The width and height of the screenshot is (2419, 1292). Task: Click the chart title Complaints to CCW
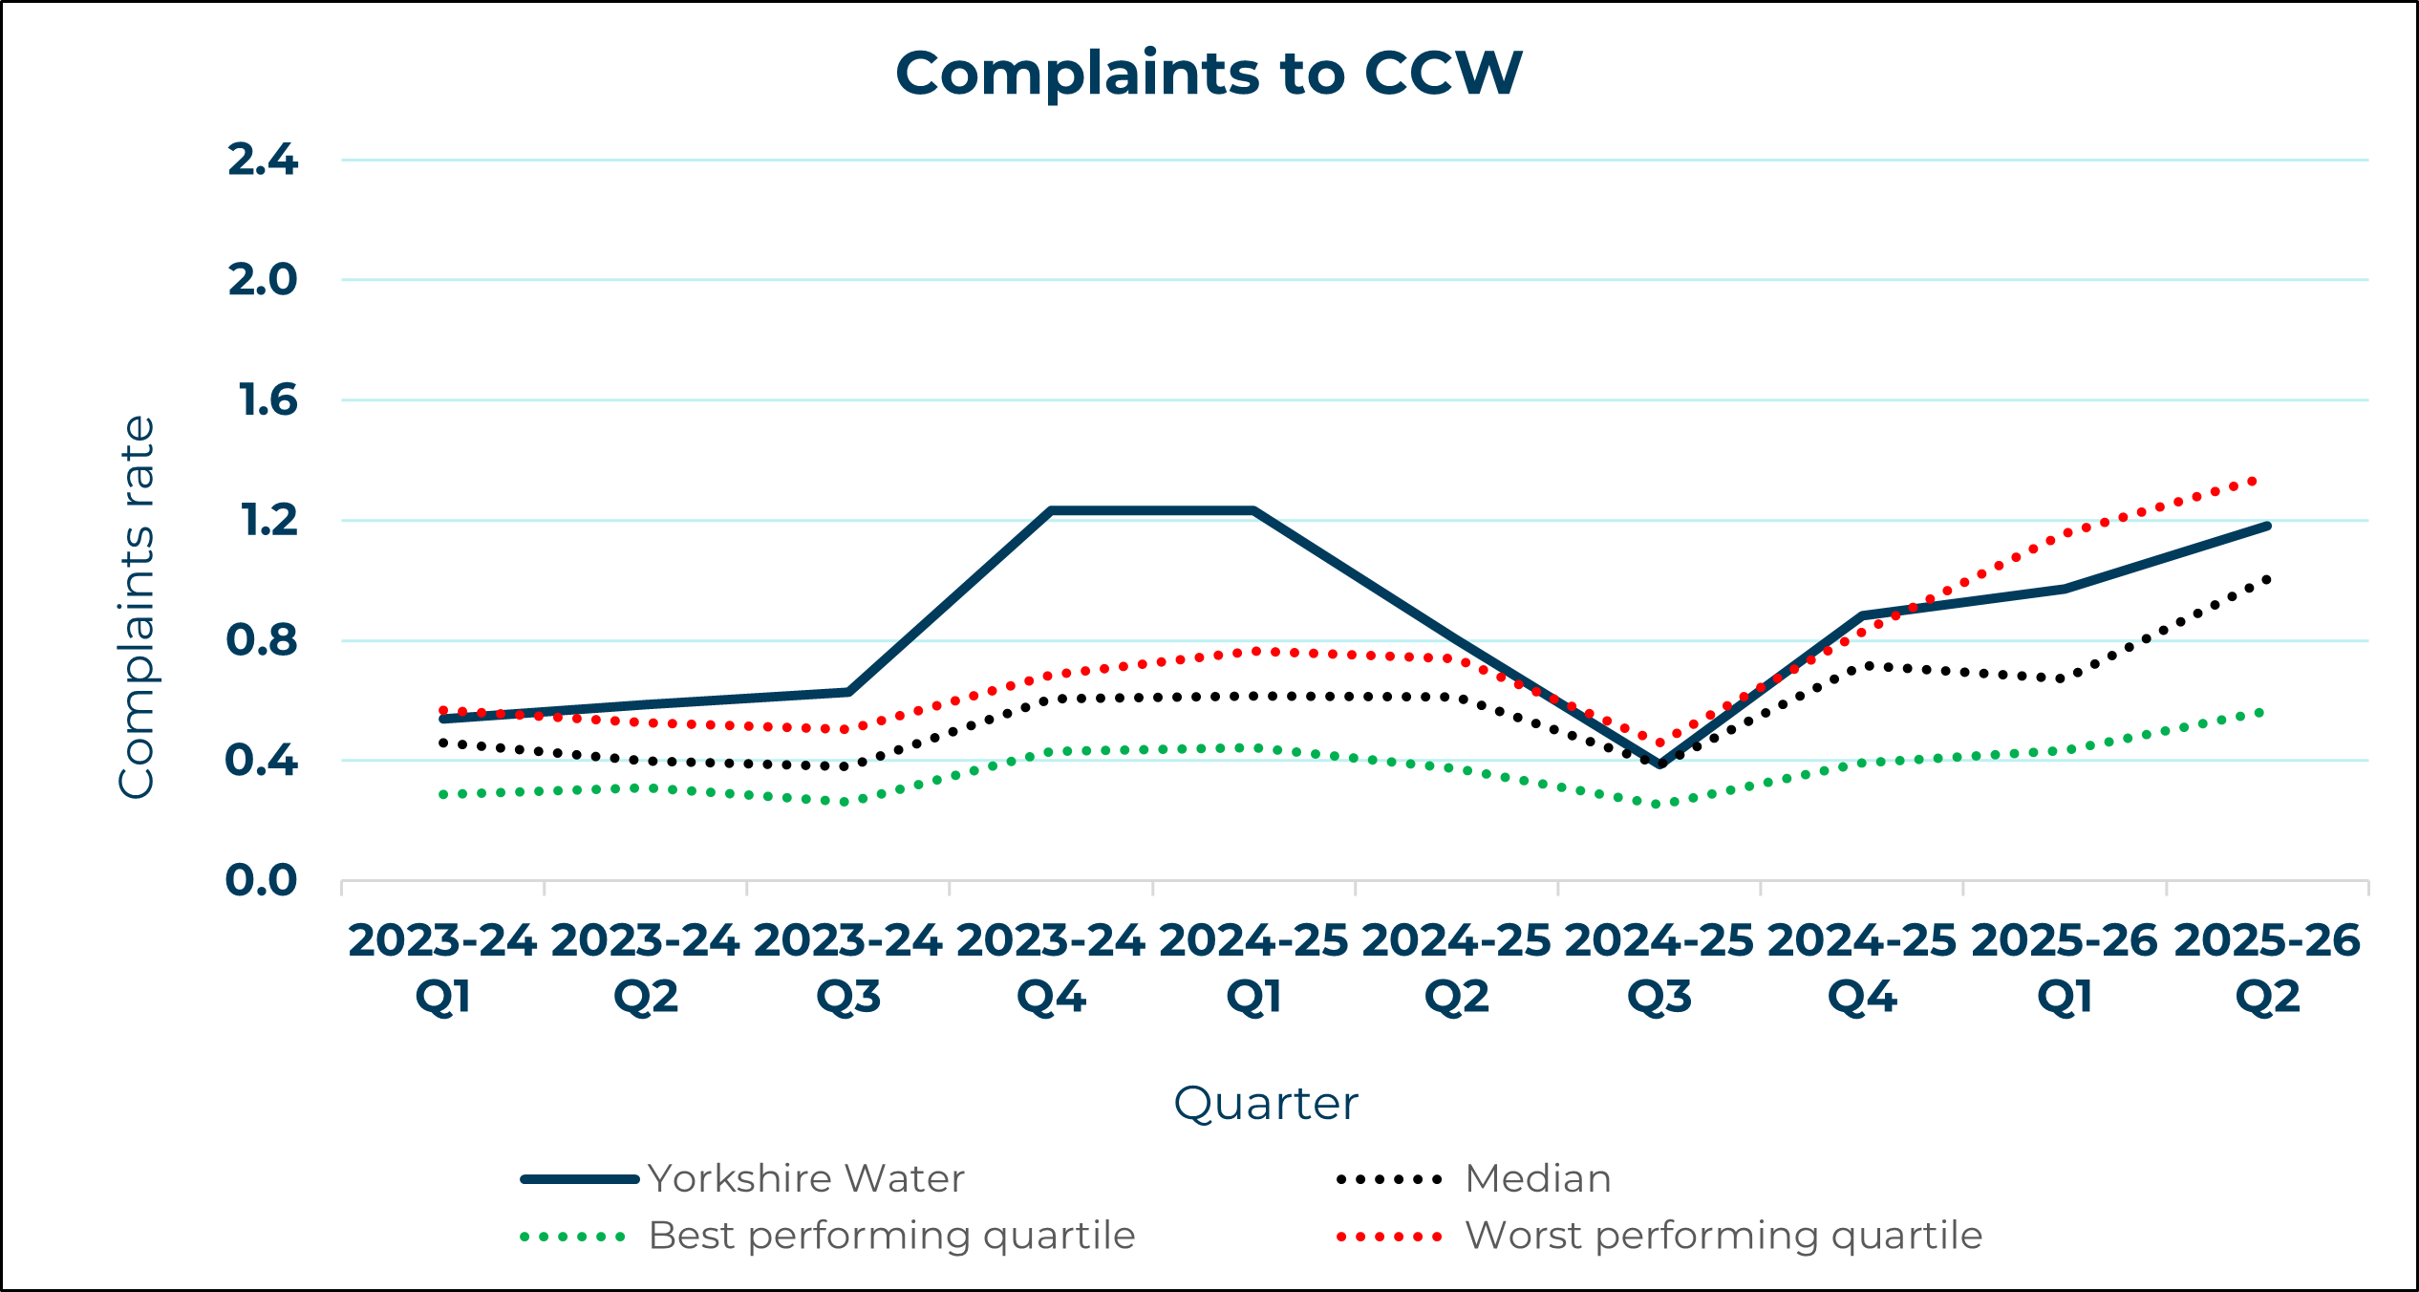tap(1209, 74)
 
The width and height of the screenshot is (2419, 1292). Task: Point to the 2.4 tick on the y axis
tap(263, 160)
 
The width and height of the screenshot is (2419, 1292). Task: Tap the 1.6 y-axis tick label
tap(268, 400)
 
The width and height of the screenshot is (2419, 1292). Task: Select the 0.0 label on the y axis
tap(261, 880)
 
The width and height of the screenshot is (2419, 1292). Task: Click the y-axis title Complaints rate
tap(137, 607)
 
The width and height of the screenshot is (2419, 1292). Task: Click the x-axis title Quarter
tap(1265, 1104)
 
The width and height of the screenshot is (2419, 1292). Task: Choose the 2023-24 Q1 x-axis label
tap(442, 968)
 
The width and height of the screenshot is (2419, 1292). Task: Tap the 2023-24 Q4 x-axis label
tap(1051, 968)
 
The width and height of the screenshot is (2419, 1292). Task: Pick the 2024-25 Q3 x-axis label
tap(1659, 968)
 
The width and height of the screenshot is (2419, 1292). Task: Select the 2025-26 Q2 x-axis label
tap(2267, 968)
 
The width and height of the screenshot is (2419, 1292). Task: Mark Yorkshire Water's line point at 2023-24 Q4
tap(1051, 511)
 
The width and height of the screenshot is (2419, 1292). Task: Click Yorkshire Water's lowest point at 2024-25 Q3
tap(1659, 764)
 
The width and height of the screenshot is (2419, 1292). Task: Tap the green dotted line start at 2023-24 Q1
tap(443, 794)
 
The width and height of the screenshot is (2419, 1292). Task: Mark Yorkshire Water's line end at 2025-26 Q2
tap(2267, 526)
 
